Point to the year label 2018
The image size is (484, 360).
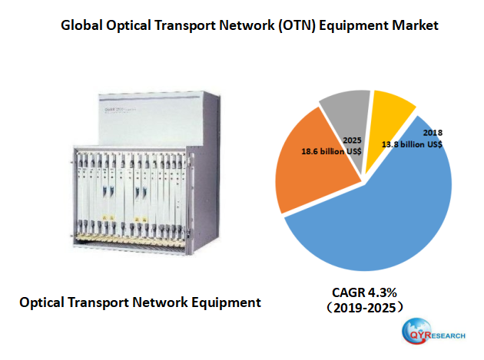coord(432,131)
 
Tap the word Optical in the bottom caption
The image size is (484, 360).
coord(44,302)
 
